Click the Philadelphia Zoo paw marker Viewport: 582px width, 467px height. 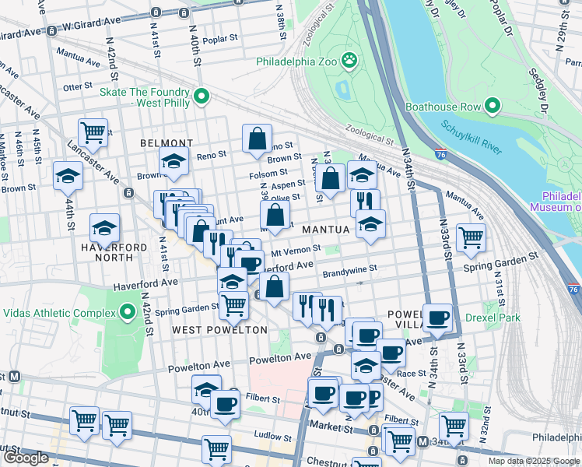[x=351, y=59]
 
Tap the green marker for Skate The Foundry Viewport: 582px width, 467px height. [x=202, y=97]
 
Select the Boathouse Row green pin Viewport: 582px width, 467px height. [x=492, y=106]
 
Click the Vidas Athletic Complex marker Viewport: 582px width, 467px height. [x=128, y=313]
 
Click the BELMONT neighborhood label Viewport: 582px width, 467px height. [x=166, y=143]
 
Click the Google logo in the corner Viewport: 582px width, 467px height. [x=26, y=458]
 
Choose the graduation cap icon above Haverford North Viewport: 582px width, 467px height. [x=104, y=227]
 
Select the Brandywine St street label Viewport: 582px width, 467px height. [x=349, y=269]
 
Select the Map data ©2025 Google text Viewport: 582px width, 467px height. [x=533, y=461]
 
